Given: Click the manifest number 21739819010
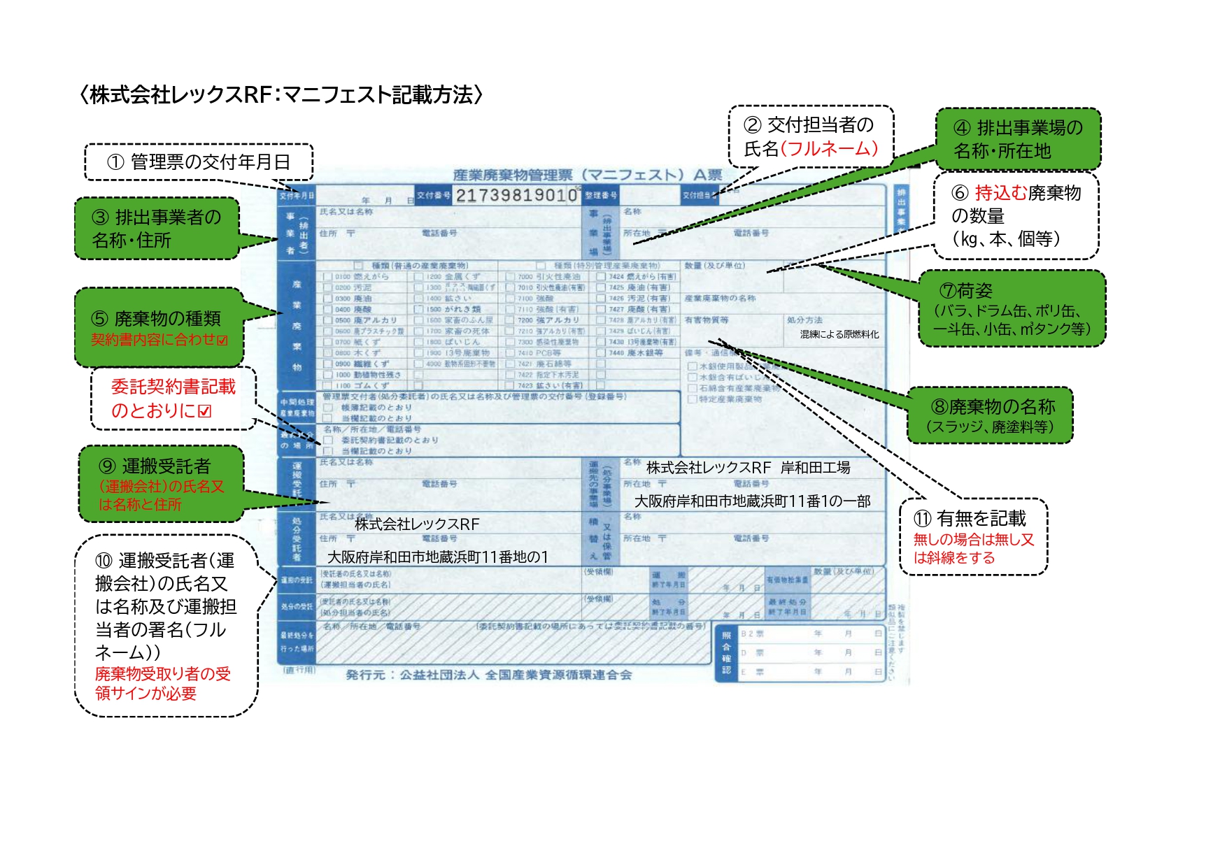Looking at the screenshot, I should coord(516,195).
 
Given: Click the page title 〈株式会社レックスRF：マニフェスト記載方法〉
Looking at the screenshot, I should coord(281,94).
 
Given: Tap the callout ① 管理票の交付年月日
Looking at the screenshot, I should coord(199,162).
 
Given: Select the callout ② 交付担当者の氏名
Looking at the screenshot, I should coord(811,137).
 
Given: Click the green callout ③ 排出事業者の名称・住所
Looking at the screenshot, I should coord(157,229).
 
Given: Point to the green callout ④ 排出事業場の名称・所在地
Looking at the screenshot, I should coord(1018,139).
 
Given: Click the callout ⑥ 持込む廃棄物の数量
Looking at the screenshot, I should coord(1016,215).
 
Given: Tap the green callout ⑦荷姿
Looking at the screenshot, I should coord(1012,308).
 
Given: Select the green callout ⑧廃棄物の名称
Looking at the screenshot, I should coord(990,415).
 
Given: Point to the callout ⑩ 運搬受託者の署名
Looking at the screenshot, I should coord(166,625).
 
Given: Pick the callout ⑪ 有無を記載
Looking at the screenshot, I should coord(973,537).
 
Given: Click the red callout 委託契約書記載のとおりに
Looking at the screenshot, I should coord(173,399).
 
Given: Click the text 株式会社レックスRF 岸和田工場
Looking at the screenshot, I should coord(748,468).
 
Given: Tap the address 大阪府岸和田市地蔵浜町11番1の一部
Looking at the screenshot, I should coord(752,501).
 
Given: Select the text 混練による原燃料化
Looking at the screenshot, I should coord(839,334).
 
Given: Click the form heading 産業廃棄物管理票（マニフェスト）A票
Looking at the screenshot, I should coord(588,175).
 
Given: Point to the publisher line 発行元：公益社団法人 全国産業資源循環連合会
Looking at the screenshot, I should coord(488,675).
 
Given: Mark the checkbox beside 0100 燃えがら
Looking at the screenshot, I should coord(327,277).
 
